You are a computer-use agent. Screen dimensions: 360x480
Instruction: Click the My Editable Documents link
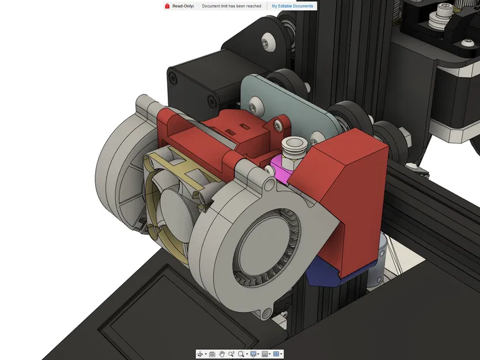(x=292, y=6)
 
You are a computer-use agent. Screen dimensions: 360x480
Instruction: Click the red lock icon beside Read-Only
(x=167, y=6)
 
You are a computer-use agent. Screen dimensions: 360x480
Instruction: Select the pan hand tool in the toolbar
(x=221, y=354)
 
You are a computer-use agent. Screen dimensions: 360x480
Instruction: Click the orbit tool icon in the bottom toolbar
(x=200, y=354)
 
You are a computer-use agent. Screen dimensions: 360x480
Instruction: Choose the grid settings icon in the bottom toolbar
(x=264, y=354)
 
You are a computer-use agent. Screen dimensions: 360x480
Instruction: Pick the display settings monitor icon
(x=253, y=354)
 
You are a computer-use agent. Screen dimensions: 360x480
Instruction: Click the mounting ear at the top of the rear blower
(x=143, y=104)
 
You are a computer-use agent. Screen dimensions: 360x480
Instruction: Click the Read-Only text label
(x=183, y=6)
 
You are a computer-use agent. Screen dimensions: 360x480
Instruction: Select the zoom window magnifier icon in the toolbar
(x=241, y=354)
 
